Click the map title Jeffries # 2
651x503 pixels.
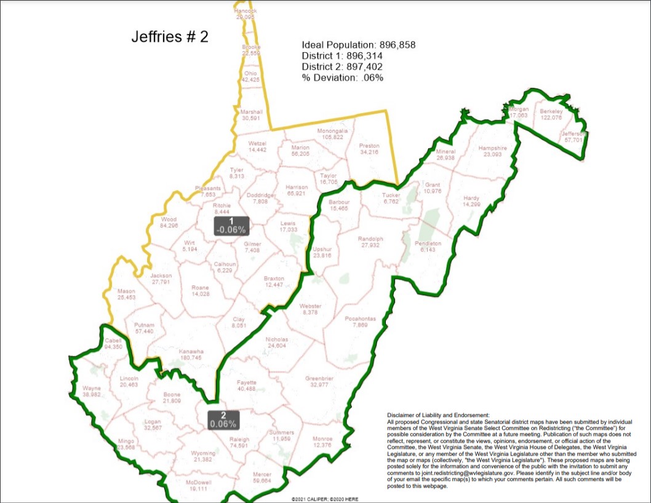pyautogui.click(x=170, y=36)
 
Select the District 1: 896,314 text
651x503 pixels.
pyautogui.click(x=337, y=56)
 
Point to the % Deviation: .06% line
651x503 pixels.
pyautogui.click(x=342, y=77)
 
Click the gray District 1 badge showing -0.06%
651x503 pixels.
pyautogui.click(x=231, y=226)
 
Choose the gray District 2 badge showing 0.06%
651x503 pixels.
pyautogui.click(x=223, y=419)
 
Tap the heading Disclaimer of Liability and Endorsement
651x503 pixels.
pyautogui.click(x=437, y=416)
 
